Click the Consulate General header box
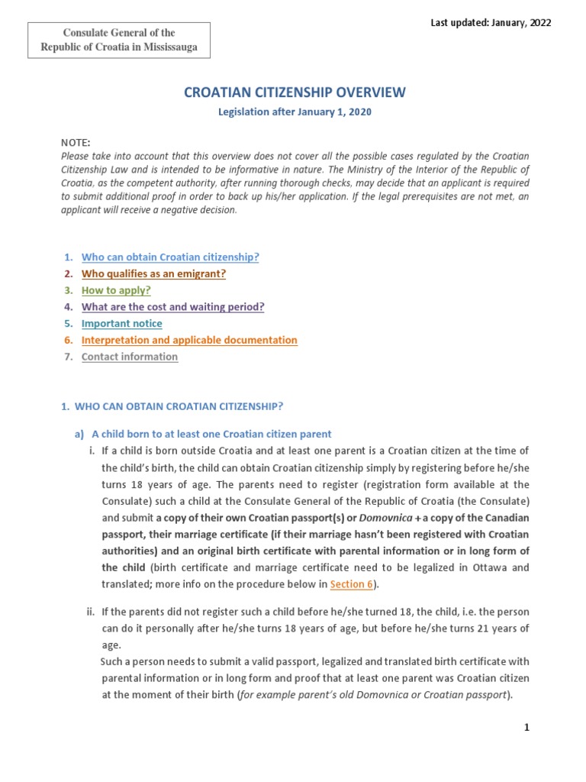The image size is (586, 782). pos(118,40)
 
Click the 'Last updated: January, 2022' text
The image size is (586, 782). pos(491,22)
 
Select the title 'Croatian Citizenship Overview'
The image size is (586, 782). pos(295,92)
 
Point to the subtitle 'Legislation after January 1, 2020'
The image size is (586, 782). pos(295,112)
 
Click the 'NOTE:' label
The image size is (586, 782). pos(76,143)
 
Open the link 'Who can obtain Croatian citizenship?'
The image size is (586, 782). pos(170,257)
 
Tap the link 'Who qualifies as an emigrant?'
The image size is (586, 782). pos(153,273)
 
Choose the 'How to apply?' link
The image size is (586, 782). pos(116,290)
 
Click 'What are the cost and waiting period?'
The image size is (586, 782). pos(172,307)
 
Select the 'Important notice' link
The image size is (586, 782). pos(121,324)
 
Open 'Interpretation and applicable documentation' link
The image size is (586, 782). pos(189,340)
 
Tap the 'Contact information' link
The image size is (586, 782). pos(129,357)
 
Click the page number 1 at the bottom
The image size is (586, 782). pos(526,728)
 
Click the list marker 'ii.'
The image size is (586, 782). pos(90,612)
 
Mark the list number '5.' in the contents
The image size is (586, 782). pos(68,324)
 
